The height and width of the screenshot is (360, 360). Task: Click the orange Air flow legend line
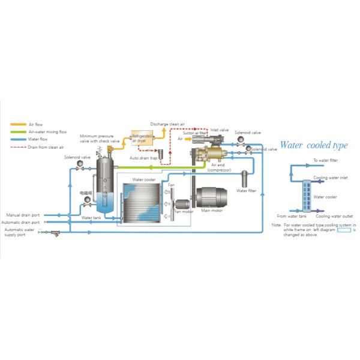tap(17, 124)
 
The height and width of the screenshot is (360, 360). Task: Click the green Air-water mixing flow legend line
tap(17, 131)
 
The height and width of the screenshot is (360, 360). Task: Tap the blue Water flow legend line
tap(17, 139)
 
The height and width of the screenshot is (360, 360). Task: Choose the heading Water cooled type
tap(314, 146)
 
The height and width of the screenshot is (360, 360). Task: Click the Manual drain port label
tap(23, 215)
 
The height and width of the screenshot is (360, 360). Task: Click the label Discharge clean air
tap(167, 124)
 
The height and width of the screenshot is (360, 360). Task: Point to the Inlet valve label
tap(220, 130)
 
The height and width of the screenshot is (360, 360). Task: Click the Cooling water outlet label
tap(334, 216)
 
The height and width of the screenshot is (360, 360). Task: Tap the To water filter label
tap(326, 161)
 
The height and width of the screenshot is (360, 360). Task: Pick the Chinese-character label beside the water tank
tap(86, 193)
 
